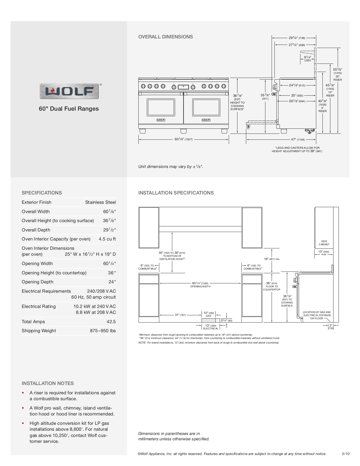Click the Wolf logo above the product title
69,91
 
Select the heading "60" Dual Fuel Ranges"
69,109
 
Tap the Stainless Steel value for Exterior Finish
100,202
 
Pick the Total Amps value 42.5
111,321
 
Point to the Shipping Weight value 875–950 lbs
103,331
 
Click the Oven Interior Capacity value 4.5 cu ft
107,239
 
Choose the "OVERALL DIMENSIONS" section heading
165,37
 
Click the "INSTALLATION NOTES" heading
48,383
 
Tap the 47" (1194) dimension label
298,139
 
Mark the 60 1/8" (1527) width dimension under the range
184,139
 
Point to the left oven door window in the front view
161,107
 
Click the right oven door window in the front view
206,107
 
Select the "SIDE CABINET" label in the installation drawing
324,243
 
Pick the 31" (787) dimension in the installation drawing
180,315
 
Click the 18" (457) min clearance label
272,259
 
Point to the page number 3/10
346,454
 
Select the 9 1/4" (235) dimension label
307,58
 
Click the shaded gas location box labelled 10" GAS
209,320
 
